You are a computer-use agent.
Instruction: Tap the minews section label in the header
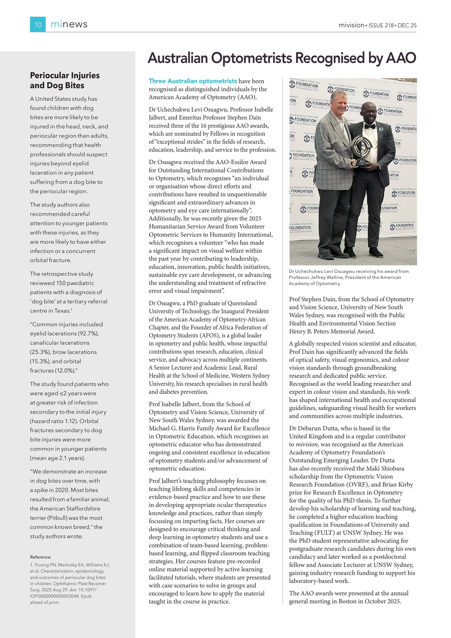pos(69,24)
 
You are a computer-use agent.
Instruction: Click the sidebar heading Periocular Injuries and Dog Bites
pos(65,80)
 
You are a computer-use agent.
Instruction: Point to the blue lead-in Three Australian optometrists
pos(193,81)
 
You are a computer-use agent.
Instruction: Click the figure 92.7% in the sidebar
pos(88,334)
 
